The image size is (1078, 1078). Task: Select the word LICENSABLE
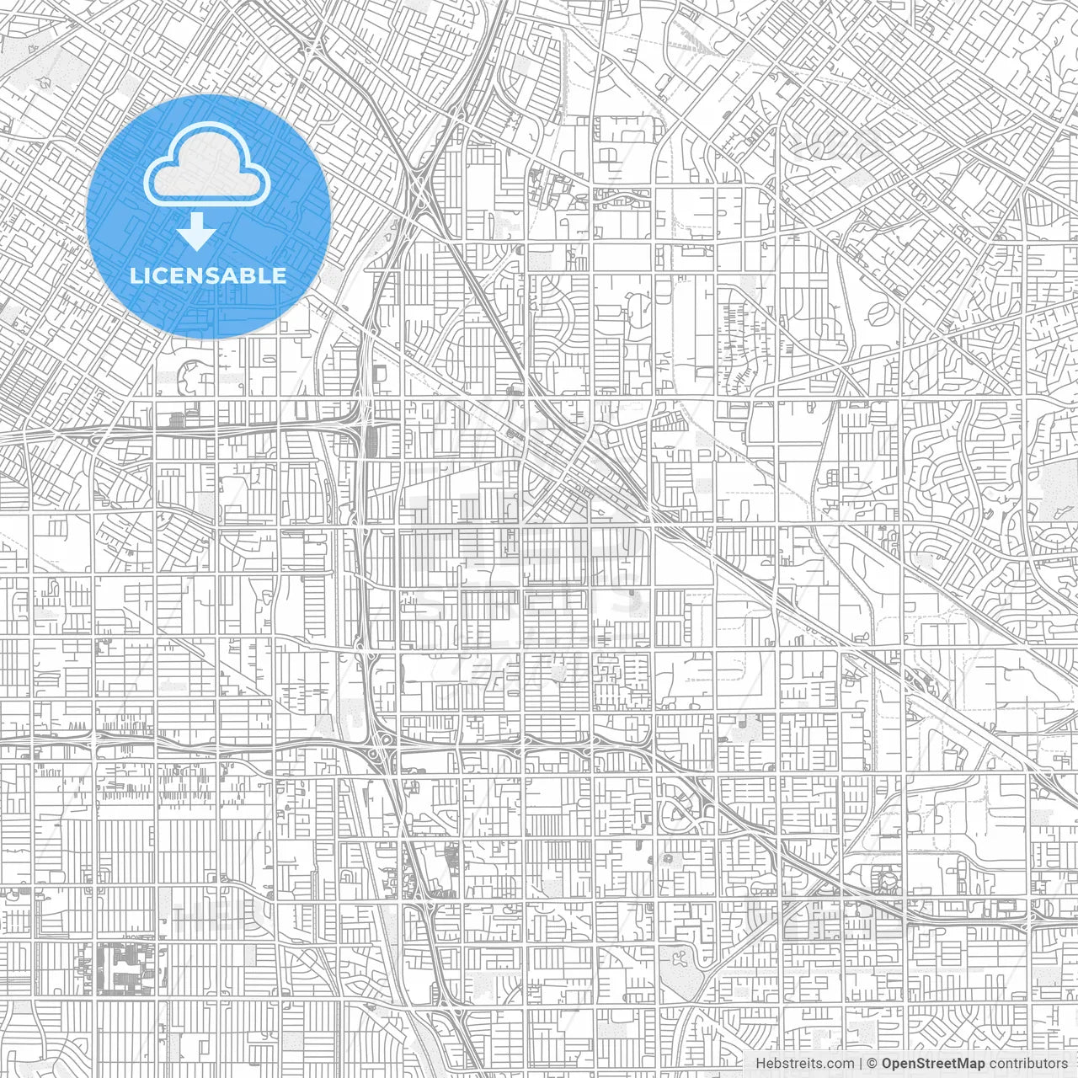click(x=208, y=275)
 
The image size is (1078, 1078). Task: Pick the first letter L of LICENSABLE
click(x=136, y=275)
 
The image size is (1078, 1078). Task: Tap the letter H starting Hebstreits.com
click(x=760, y=1064)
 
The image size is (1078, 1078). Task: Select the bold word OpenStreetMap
click(x=933, y=1064)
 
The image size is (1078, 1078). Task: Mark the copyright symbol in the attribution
click(x=873, y=1064)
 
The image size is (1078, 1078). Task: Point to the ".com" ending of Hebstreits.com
click(x=838, y=1064)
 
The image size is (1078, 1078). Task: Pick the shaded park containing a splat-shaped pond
click(x=679, y=959)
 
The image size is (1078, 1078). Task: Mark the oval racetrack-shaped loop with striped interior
click(x=881, y=312)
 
